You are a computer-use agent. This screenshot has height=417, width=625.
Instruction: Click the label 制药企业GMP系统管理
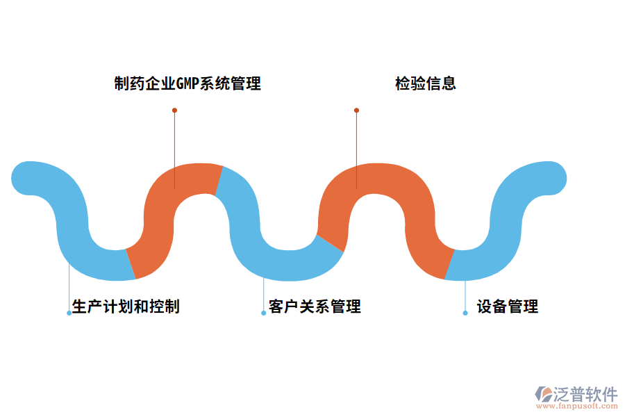187,84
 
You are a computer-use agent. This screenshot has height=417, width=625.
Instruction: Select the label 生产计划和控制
126,306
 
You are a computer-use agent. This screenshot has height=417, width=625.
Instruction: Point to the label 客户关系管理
315,306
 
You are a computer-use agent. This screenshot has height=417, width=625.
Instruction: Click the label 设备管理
508,306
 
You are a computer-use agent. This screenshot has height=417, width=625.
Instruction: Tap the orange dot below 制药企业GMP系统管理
174,110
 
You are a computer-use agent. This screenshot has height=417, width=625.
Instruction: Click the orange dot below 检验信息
356,110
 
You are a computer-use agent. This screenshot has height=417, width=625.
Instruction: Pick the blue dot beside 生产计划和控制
69,313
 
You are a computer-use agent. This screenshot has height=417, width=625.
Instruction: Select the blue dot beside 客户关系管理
264,313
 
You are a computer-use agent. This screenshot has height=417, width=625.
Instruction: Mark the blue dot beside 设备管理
465,313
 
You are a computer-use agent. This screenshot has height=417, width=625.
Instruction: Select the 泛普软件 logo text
585,394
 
